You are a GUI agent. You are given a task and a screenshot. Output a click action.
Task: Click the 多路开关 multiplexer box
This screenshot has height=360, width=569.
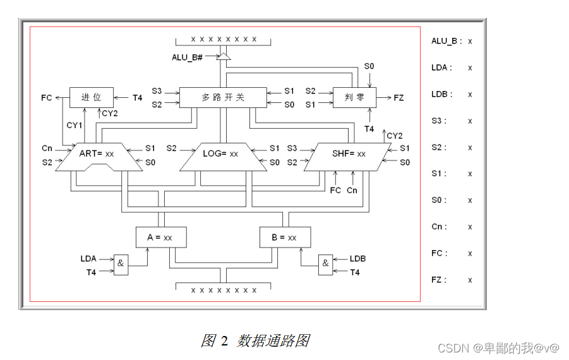pyautogui.click(x=222, y=97)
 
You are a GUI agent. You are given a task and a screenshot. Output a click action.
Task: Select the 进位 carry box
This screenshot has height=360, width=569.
pyautogui.click(x=92, y=97)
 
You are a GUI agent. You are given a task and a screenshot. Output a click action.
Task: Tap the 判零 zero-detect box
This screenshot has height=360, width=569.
pyautogui.click(x=354, y=97)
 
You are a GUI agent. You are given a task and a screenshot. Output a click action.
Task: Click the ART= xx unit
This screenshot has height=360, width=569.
pyautogui.click(x=97, y=153)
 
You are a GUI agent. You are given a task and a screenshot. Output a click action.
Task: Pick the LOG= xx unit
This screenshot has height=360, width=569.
pyautogui.click(x=220, y=153)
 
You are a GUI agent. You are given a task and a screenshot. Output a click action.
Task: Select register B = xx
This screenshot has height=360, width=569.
pyautogui.click(x=285, y=237)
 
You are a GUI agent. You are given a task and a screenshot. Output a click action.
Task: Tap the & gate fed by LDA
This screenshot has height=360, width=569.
pyautogui.click(x=121, y=265)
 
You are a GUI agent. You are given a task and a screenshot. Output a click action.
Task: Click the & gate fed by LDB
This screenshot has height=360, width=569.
pyautogui.click(x=325, y=264)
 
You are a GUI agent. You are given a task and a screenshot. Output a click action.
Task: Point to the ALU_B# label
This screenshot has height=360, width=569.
pyautogui.click(x=187, y=57)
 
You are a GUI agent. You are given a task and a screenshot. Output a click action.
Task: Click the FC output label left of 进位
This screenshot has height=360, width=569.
pyautogui.click(x=46, y=98)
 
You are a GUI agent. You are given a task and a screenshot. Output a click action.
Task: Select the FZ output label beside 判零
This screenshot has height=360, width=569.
pyautogui.click(x=398, y=98)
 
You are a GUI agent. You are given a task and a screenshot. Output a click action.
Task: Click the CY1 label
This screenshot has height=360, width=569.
pyautogui.click(x=75, y=125)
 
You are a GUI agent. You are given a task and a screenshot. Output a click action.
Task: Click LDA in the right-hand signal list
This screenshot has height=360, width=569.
pyautogui.click(x=441, y=68)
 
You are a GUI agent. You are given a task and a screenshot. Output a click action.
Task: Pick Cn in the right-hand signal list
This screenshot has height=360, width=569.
pyautogui.click(x=439, y=227)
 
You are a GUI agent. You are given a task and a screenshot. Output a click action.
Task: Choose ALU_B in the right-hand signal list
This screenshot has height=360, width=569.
pyautogui.click(x=446, y=41)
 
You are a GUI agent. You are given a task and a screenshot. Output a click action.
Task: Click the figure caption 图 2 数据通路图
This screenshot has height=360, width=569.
pyautogui.click(x=255, y=341)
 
